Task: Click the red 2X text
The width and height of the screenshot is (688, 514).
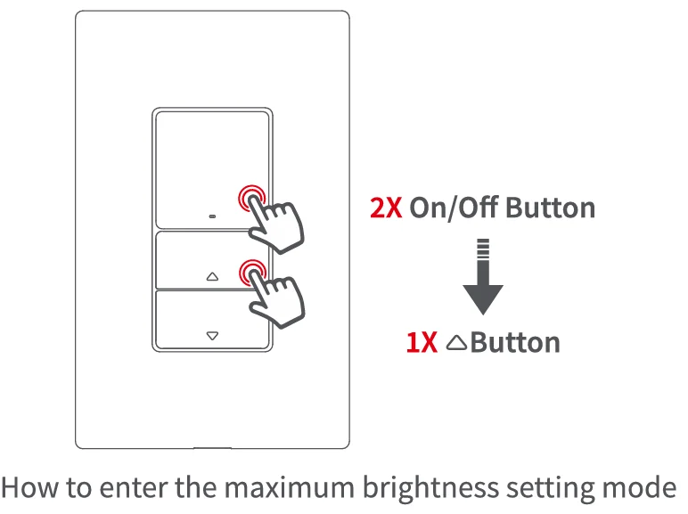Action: pyautogui.click(x=388, y=208)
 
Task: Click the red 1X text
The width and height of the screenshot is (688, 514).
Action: pyautogui.click(x=422, y=343)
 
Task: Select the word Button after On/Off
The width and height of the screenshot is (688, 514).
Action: pyautogui.click(x=550, y=208)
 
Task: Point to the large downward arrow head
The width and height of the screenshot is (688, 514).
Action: pyautogui.click(x=483, y=298)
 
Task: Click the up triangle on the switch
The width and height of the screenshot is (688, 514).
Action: pyautogui.click(x=212, y=276)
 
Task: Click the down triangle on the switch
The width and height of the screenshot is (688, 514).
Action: pyautogui.click(x=212, y=336)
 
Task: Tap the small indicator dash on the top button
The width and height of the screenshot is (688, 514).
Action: pyautogui.click(x=212, y=216)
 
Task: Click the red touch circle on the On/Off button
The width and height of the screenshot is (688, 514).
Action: pyautogui.click(x=251, y=199)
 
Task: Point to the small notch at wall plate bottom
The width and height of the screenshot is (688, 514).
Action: pyautogui.click(x=212, y=446)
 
